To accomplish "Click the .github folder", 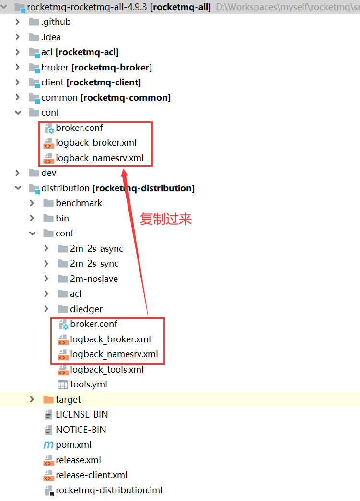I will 56,22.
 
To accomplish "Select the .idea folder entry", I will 51,37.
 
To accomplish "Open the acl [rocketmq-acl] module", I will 80,52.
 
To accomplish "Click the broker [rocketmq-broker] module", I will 96,68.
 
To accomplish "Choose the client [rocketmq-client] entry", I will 91,82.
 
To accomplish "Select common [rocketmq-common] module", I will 105,98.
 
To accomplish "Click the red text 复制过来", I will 166,219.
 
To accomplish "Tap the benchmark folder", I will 79,203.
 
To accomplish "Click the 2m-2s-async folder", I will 96,249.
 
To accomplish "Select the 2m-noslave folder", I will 93,279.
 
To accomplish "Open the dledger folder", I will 86,309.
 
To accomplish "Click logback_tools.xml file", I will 106,370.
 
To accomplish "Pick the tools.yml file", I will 88,384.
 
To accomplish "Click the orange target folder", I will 68,400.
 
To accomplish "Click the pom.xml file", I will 73,445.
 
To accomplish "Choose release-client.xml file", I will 91,475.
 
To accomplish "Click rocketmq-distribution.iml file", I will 109,490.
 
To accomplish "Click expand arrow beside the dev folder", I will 18,173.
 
